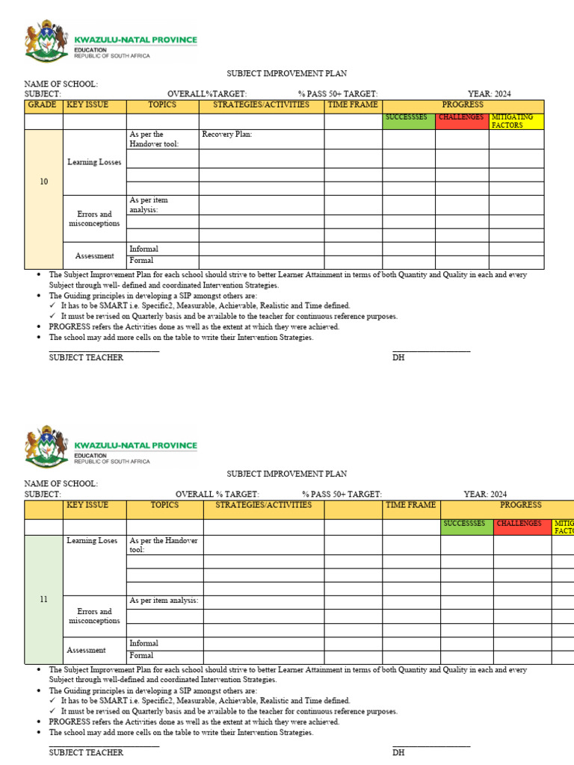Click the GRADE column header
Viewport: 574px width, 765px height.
point(43,105)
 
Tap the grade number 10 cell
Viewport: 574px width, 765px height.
point(44,182)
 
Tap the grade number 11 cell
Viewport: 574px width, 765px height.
point(44,599)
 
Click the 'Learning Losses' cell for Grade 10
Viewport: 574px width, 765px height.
point(94,162)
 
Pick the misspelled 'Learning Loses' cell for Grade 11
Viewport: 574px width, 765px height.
point(92,541)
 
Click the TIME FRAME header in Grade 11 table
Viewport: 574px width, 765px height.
point(410,506)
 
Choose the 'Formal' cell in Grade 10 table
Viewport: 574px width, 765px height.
point(141,261)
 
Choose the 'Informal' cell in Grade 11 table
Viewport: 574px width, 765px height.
point(143,643)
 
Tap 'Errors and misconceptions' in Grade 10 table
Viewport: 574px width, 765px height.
point(94,219)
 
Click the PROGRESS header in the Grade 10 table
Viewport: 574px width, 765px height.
point(463,105)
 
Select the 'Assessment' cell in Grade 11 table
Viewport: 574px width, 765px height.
point(86,650)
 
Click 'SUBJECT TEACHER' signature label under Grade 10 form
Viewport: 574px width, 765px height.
point(86,358)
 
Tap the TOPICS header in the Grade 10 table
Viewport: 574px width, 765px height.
point(162,105)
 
